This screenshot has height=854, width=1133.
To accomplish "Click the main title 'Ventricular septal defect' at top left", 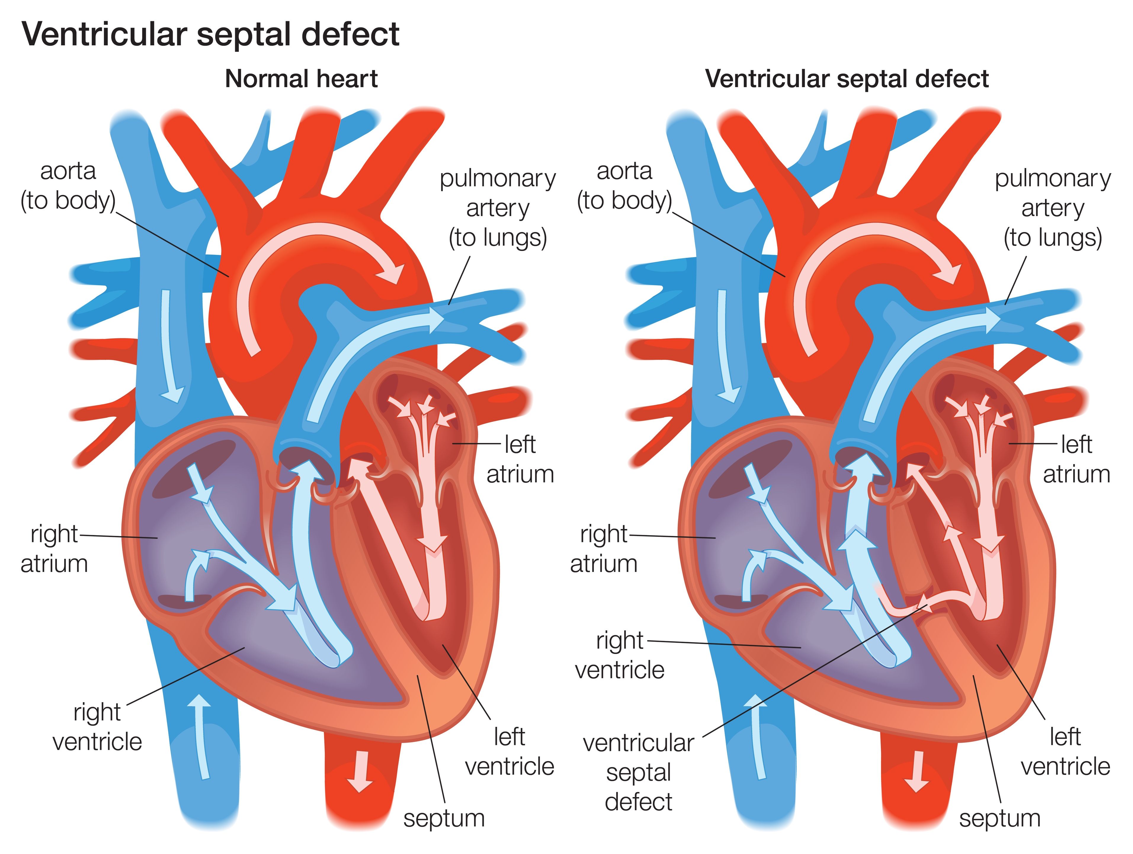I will [x=210, y=35].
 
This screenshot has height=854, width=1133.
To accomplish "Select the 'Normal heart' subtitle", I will [x=301, y=79].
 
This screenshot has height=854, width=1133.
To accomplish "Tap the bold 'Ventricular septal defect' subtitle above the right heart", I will [x=847, y=79].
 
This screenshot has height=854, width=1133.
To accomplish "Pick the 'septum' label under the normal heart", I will [x=443, y=818].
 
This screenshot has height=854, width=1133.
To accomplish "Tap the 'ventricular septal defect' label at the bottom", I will [x=638, y=772].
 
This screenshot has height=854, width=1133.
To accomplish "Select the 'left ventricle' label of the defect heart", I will [x=1065, y=751].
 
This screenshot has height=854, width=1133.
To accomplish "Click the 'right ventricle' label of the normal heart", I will [x=97, y=727].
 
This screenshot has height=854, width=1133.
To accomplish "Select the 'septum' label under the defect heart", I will [x=1000, y=818].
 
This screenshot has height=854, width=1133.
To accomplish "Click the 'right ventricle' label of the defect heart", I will [x=619, y=655].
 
